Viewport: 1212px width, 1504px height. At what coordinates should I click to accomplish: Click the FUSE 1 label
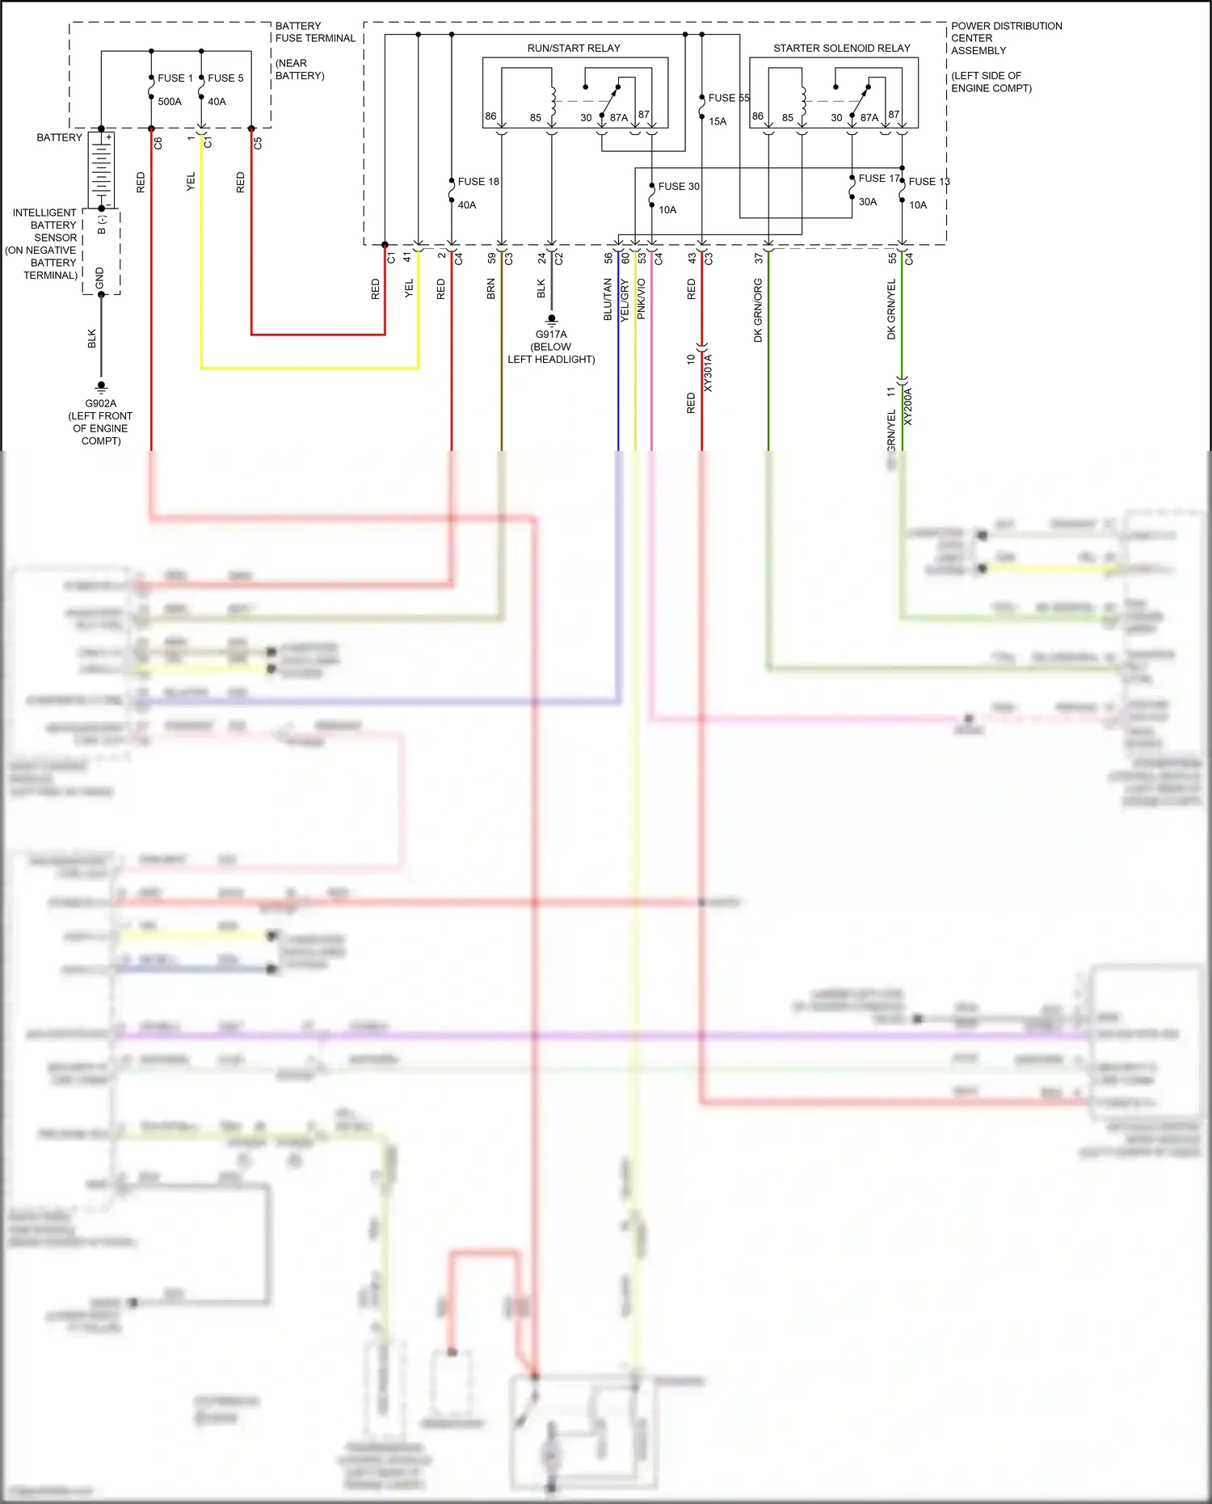(175, 78)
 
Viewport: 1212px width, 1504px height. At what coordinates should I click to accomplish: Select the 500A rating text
(170, 102)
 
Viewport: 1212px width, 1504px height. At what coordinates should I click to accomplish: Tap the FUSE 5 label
(225, 78)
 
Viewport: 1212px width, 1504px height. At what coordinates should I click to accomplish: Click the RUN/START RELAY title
(574, 48)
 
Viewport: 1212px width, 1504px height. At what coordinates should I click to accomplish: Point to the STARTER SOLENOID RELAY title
(841, 48)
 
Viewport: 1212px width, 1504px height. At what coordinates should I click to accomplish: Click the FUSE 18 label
(478, 182)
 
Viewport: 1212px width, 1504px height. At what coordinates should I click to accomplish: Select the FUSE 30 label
(679, 187)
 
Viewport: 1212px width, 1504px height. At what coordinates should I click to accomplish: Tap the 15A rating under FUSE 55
(718, 122)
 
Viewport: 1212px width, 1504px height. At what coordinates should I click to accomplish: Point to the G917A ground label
(551, 335)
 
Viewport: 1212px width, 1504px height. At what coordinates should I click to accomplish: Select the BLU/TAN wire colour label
(608, 300)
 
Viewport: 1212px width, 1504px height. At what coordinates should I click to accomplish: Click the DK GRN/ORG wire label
(758, 310)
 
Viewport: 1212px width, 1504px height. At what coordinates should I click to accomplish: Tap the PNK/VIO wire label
(642, 299)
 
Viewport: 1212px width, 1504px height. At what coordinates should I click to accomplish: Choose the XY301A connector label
(709, 373)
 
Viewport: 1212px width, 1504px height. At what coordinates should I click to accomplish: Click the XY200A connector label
(908, 407)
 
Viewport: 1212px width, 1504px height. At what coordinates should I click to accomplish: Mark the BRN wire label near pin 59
(490, 289)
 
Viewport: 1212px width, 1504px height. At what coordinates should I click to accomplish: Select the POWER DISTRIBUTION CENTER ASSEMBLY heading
(1006, 38)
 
